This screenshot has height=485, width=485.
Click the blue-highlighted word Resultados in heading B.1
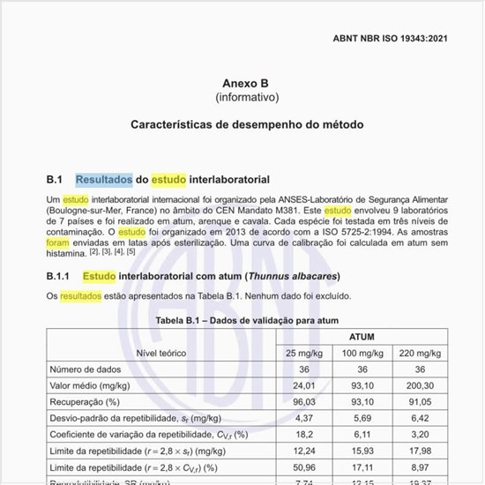coord(104,180)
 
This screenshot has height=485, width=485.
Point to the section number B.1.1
coord(59,276)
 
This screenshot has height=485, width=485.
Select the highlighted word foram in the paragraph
coord(57,242)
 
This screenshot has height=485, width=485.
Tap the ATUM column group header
coord(362,337)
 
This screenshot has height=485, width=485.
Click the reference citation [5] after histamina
coord(131,251)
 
